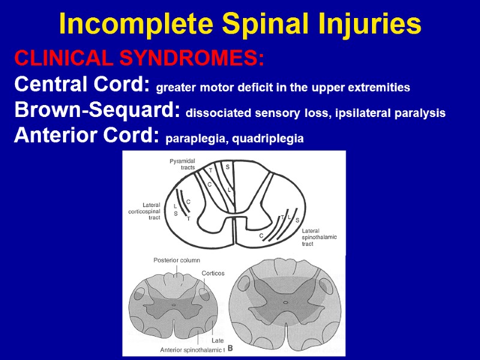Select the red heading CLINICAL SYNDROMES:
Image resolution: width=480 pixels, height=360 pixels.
(x=139, y=59)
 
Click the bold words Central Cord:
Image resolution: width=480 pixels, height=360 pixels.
(x=82, y=85)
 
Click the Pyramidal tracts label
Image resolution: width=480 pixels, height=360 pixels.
(x=182, y=164)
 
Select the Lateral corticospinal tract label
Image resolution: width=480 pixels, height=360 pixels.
(x=145, y=211)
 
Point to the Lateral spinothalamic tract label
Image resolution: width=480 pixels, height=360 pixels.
(x=319, y=237)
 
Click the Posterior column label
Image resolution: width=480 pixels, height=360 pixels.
(x=176, y=260)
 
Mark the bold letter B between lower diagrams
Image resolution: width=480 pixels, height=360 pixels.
(x=230, y=348)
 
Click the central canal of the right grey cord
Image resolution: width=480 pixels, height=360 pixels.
(x=285, y=303)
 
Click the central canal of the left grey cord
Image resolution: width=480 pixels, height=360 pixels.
(x=173, y=305)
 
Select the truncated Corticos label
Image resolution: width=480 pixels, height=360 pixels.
(x=213, y=273)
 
